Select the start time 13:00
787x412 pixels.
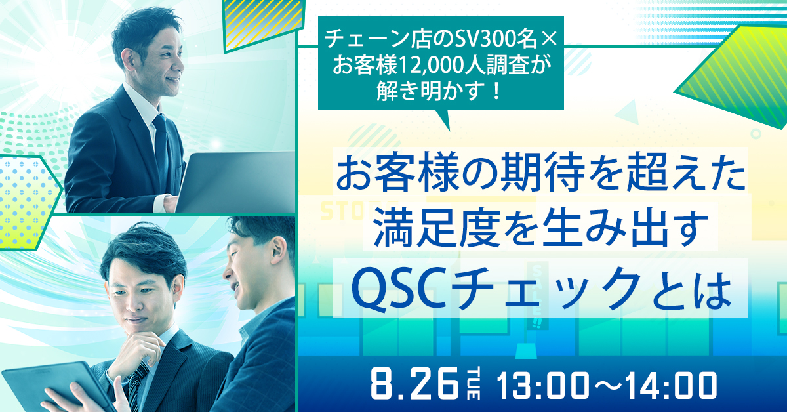(543, 386)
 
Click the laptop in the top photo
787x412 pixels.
(235, 182)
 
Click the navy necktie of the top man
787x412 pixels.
(161, 150)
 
